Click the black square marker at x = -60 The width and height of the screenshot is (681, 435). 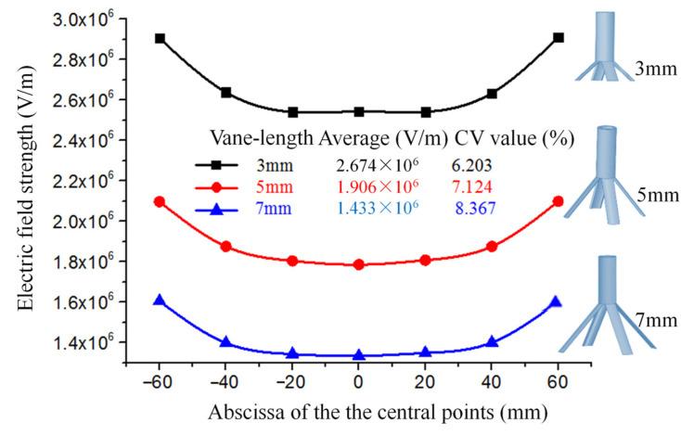pos(160,39)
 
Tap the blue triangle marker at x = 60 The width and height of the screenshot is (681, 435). pos(557,301)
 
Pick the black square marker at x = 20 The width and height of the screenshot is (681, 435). pos(426,112)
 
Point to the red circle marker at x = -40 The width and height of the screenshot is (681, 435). pos(225,247)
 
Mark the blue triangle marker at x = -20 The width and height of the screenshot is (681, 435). pos(292,353)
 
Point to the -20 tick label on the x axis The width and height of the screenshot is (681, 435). pos(290,382)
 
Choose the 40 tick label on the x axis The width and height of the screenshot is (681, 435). pos(492,382)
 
